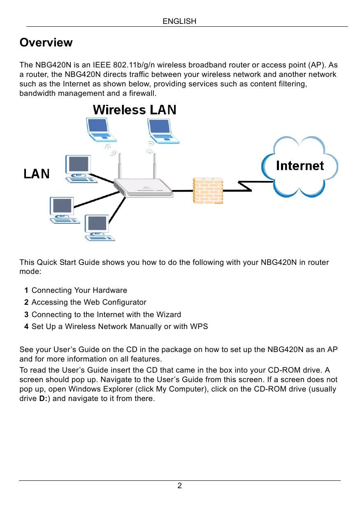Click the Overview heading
click(46, 43)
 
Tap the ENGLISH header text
click(179, 21)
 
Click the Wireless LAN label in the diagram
click(135, 110)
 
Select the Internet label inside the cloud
click(300, 166)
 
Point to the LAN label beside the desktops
click(36, 174)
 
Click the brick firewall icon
click(208, 191)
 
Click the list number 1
click(26, 290)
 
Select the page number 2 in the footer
click(179, 486)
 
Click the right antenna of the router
click(155, 166)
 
